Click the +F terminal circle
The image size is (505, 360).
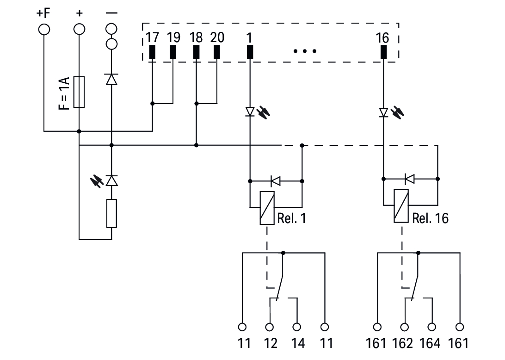pos(44,29)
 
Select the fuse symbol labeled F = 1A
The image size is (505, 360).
pos(79,92)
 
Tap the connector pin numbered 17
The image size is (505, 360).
pos(152,52)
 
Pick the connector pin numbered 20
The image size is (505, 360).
pos(217,52)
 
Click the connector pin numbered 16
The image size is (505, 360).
pos(383,52)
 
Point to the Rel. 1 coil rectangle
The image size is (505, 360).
pos(267,207)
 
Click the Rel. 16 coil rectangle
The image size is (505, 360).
pos(401,206)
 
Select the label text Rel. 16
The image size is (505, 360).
pos(430,218)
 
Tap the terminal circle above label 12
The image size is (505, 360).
pos(270,327)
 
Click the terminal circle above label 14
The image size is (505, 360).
pos(297,327)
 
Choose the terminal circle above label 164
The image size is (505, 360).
pos(432,327)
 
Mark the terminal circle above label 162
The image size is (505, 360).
pos(405,327)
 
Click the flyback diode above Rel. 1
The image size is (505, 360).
pos(276,180)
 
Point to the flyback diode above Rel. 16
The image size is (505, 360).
pos(409,178)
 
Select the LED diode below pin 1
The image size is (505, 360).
pos(250,112)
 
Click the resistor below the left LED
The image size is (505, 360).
pos(111,213)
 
